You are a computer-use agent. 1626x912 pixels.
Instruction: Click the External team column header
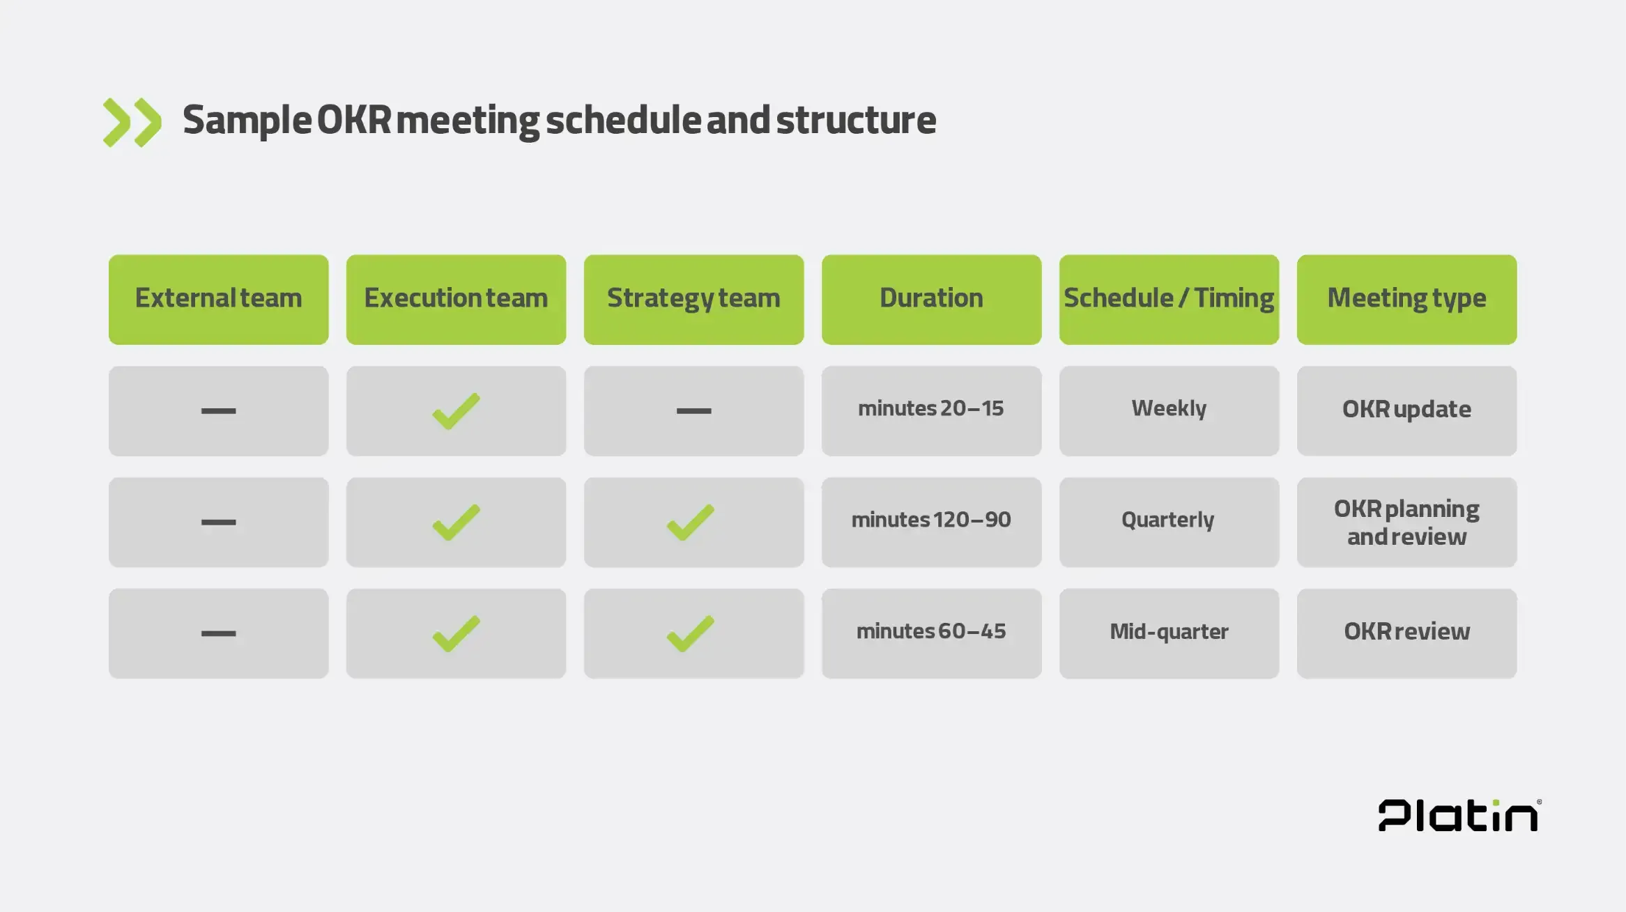(218, 300)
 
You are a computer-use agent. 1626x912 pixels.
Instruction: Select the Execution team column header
(456, 300)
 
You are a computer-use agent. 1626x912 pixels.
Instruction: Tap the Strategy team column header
(693, 300)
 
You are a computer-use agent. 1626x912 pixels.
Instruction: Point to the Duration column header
(931, 300)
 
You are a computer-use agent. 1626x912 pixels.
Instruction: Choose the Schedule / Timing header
(1169, 300)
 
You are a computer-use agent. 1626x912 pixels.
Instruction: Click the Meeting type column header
(1406, 300)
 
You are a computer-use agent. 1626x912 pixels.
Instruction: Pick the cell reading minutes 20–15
(931, 411)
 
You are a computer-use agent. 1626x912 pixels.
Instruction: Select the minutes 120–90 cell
(931, 523)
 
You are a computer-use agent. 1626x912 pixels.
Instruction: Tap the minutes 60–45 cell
(931, 633)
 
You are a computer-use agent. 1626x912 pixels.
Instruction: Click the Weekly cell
(1169, 411)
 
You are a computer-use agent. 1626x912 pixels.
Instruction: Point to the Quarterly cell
(1169, 523)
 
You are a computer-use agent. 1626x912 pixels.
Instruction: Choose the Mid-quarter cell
(1169, 633)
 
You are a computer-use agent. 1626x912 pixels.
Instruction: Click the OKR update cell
(1406, 411)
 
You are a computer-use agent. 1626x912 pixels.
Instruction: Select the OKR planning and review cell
(1406, 523)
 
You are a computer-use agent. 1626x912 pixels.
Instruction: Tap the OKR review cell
(1406, 633)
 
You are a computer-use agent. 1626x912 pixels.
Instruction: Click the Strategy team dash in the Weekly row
(693, 411)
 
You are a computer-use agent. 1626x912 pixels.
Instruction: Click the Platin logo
(1459, 815)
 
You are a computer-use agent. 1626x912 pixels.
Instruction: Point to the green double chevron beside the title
(132, 123)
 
